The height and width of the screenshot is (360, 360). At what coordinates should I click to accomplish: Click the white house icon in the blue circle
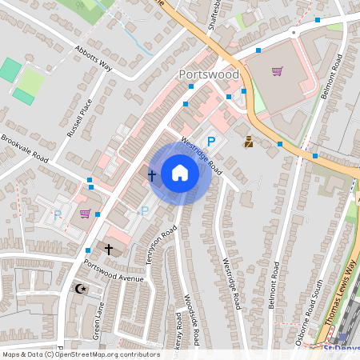tap(180, 173)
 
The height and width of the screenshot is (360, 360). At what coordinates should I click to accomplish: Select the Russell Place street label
tap(80, 118)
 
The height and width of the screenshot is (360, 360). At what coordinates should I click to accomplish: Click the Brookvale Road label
tap(24, 149)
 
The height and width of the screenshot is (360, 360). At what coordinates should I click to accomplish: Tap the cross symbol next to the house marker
tap(151, 174)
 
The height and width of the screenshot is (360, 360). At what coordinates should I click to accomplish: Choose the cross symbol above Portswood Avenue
tap(109, 250)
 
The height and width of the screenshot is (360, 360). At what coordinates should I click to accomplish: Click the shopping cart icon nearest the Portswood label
tap(277, 70)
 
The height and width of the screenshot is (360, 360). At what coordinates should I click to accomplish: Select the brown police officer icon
tap(249, 142)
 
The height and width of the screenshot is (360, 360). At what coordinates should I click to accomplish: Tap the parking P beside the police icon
tap(211, 142)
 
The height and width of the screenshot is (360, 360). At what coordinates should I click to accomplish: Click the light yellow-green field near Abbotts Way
tap(31, 80)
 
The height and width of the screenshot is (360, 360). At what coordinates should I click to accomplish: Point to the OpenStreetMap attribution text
tap(80, 354)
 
